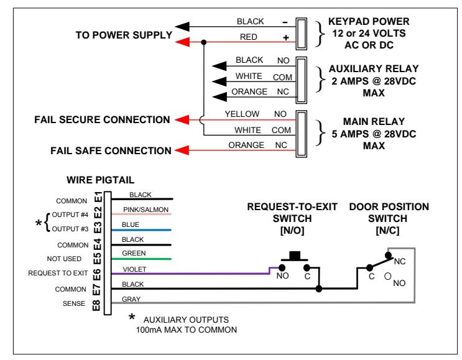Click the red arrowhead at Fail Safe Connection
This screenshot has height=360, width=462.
tap(182, 150)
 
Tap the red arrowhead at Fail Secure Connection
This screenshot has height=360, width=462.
tap(182, 120)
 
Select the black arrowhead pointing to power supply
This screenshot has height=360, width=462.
tap(182, 27)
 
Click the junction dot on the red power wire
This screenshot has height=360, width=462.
tap(203, 42)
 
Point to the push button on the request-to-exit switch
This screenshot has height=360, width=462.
tap(294, 256)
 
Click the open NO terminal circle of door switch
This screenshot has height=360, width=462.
tap(388, 276)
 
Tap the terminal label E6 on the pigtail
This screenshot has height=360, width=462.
tap(97, 275)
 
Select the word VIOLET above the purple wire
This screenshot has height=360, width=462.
tap(135, 269)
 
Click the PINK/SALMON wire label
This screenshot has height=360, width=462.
tap(146, 210)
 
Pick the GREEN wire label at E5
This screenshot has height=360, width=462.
tap(134, 253)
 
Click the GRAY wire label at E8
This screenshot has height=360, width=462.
tap(131, 299)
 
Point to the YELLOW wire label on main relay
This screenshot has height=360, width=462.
tap(242, 114)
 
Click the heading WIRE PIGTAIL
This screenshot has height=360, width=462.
tap(101, 180)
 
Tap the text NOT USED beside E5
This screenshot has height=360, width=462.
tap(64, 259)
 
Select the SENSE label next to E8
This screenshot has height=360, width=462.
tap(73, 303)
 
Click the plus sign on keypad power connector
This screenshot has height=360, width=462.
tap(286, 38)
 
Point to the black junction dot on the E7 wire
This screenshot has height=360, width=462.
tap(318, 288)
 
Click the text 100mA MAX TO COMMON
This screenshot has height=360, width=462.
tap(186, 330)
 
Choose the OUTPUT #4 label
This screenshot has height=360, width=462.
tap(70, 215)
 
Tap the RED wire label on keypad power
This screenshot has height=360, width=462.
tap(248, 37)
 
